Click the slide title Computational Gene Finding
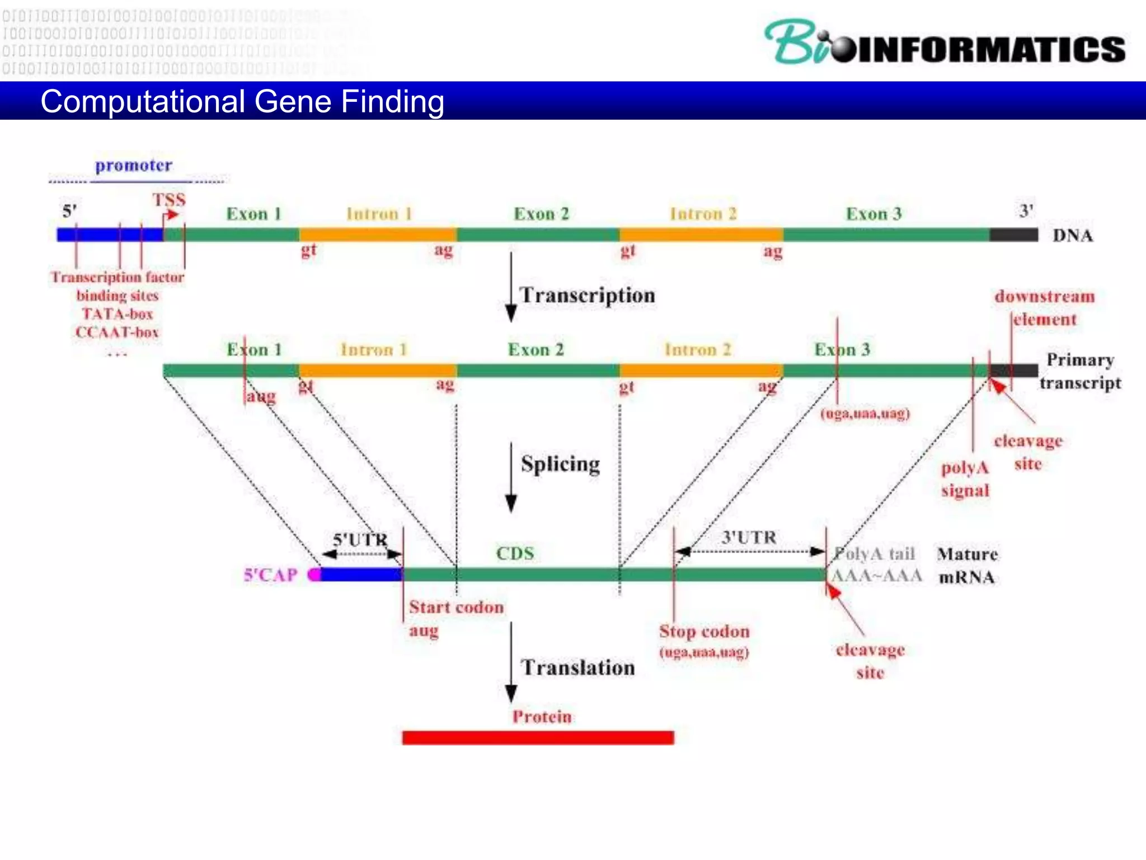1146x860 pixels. [242, 102]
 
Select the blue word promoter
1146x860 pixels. [133, 166]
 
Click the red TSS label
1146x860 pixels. [169, 200]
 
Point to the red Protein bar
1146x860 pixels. [537, 737]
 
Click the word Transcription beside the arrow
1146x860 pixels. [587, 295]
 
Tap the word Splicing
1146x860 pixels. [560, 464]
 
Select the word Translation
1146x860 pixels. [577, 667]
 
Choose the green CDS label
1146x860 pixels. [515, 553]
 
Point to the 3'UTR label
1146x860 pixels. [749, 537]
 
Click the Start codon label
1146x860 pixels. [456, 607]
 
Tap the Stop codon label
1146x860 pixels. [704, 632]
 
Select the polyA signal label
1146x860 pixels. [965, 479]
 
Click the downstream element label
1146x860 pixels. [1044, 307]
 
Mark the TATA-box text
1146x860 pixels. [118, 314]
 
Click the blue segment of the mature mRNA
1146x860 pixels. [361, 574]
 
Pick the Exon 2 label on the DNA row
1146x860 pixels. [541, 214]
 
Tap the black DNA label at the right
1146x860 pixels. [1072, 235]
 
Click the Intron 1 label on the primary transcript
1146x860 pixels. [374, 350]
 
